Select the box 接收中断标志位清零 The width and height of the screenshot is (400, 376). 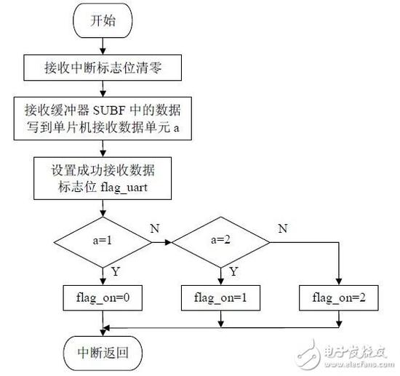(107, 70)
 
